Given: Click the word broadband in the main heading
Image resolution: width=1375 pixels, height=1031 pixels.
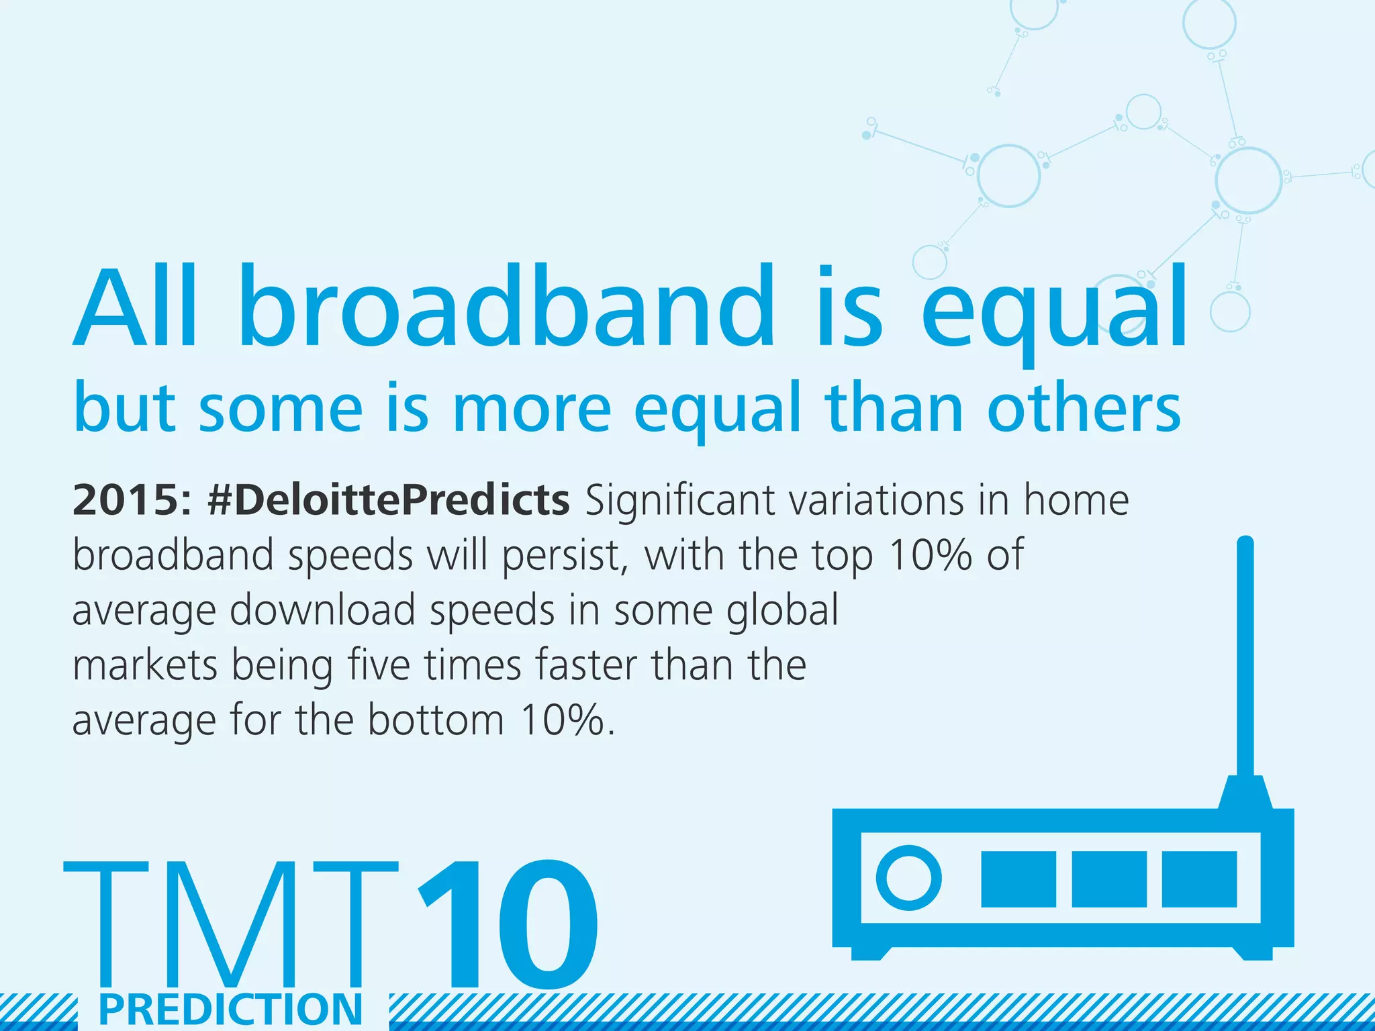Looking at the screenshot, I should coord(507,309).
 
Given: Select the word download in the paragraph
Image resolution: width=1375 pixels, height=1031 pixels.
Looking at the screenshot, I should coord(322,611).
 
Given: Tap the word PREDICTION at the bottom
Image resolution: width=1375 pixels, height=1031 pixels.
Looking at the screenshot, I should coord(231,1010).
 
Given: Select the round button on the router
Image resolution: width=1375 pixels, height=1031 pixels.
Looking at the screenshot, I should coord(908,878).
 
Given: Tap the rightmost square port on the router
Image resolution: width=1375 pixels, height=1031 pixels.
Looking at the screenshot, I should coord(1199,879).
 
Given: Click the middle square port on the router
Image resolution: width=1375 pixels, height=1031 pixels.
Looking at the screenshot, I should coord(1109,879).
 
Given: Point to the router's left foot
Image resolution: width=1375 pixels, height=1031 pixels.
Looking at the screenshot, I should coord(873,952).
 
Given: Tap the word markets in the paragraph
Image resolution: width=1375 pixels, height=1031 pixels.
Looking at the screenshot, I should coord(144,666).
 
